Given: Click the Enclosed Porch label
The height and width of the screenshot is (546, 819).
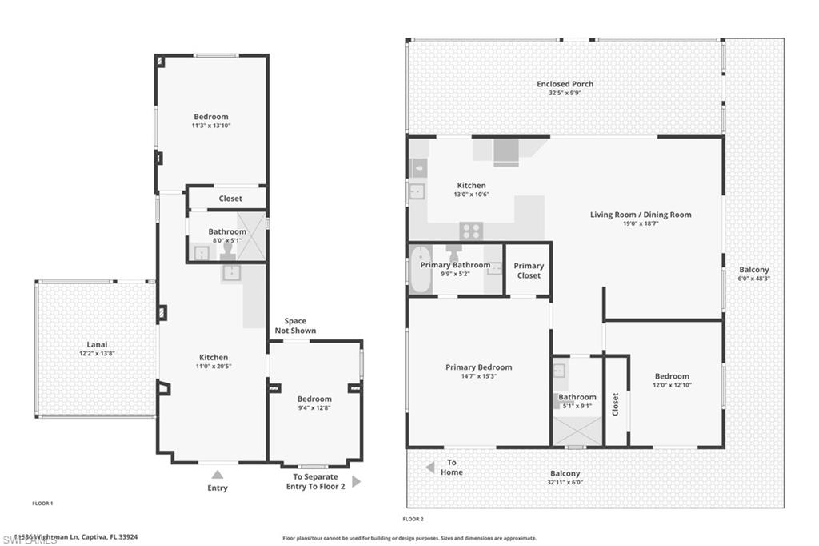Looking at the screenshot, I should pyautogui.click(x=565, y=84).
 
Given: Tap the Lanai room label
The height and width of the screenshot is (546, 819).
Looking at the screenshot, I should pyautogui.click(x=97, y=344).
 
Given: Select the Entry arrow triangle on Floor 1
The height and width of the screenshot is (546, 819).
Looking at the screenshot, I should pyautogui.click(x=217, y=475).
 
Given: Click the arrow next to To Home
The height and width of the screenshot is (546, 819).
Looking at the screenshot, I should pyautogui.click(x=429, y=467).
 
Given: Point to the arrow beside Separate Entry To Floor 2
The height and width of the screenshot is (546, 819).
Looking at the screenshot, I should pyautogui.click(x=356, y=482).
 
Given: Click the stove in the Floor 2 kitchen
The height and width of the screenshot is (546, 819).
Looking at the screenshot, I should pyautogui.click(x=471, y=231).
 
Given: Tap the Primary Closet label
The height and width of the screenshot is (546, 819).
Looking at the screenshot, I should pyautogui.click(x=529, y=271).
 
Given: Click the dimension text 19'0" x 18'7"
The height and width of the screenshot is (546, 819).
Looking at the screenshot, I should pyautogui.click(x=641, y=224).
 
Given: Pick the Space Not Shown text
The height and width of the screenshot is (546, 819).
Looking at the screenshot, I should pyautogui.click(x=295, y=326).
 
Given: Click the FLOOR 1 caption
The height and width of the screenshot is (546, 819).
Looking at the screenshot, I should pyautogui.click(x=42, y=504).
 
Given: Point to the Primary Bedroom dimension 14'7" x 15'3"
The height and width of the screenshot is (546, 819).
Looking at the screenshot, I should pyautogui.click(x=478, y=376).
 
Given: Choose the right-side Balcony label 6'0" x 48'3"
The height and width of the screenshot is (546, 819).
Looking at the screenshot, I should pyautogui.click(x=753, y=279).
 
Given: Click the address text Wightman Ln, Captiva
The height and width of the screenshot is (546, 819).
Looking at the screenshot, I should pyautogui.click(x=72, y=537).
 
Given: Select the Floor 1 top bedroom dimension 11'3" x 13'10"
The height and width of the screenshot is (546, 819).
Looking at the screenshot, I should pyautogui.click(x=210, y=126).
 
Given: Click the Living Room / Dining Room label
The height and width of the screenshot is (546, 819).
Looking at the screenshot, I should pyautogui.click(x=641, y=215).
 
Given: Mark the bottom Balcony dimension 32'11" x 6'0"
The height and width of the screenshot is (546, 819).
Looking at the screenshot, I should pyautogui.click(x=565, y=482).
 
